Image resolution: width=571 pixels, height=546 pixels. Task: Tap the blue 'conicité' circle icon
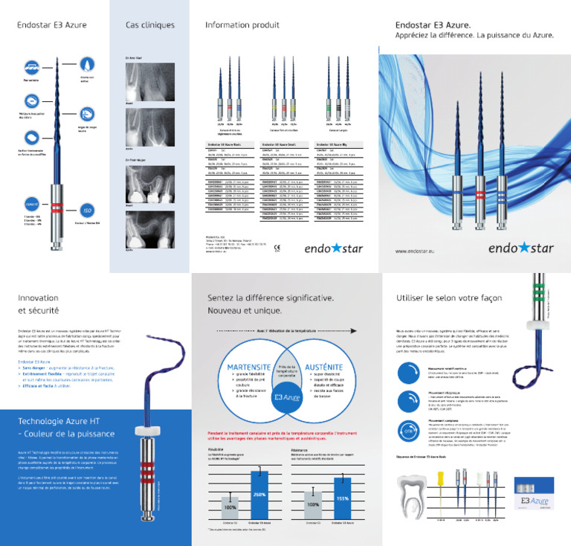pyautogui.click(x=32, y=202)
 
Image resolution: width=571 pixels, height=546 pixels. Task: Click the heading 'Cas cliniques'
pyautogui.click(x=149, y=25)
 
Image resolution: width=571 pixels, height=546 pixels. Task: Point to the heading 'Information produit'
pyautogui.click(x=242, y=25)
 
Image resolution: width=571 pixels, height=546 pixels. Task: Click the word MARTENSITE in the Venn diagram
pyautogui.click(x=248, y=367)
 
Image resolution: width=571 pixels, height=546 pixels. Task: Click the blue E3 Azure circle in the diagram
pyautogui.click(x=285, y=399)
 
